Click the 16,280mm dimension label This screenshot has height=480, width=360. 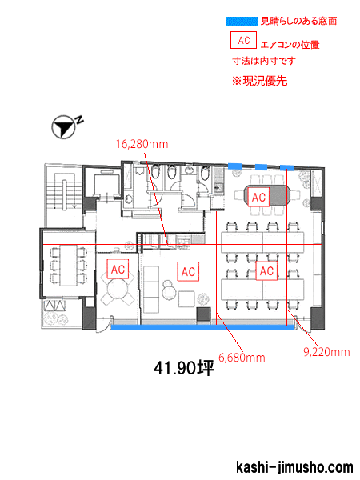(142, 144)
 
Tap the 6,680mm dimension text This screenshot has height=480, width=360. (242, 358)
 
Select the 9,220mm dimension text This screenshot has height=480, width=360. (326, 352)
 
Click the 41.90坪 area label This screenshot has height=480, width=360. (184, 368)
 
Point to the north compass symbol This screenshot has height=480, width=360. (64, 127)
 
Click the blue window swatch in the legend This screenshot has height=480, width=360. (242, 22)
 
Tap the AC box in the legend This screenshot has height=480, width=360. (243, 40)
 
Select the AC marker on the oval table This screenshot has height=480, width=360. (258, 198)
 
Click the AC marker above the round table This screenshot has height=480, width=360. (118, 270)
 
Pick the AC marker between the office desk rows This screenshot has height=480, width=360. (266, 271)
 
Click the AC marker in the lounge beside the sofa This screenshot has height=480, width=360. (188, 271)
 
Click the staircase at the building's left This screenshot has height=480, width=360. (64, 192)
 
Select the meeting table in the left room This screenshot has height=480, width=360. (68, 266)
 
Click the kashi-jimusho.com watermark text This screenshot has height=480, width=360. (294, 467)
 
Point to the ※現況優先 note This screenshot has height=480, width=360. (259, 81)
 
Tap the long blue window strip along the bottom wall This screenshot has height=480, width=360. (202, 327)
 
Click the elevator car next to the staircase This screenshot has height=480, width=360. (104, 185)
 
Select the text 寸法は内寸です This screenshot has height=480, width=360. (264, 61)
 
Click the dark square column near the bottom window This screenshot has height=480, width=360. (203, 314)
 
